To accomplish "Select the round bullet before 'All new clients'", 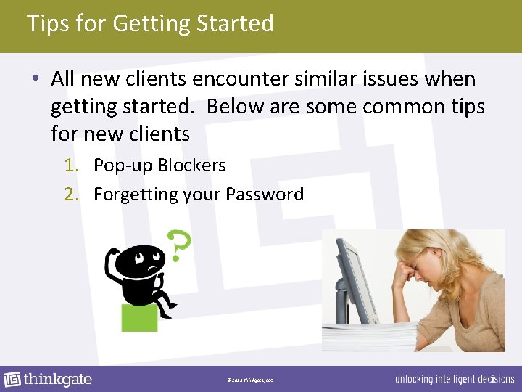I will coord(36,79).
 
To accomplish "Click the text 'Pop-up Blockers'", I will coord(159,166).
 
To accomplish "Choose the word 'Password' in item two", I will coord(265,195).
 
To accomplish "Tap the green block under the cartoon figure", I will coord(139,318).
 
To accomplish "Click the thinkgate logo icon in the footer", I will coord(12,380).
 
